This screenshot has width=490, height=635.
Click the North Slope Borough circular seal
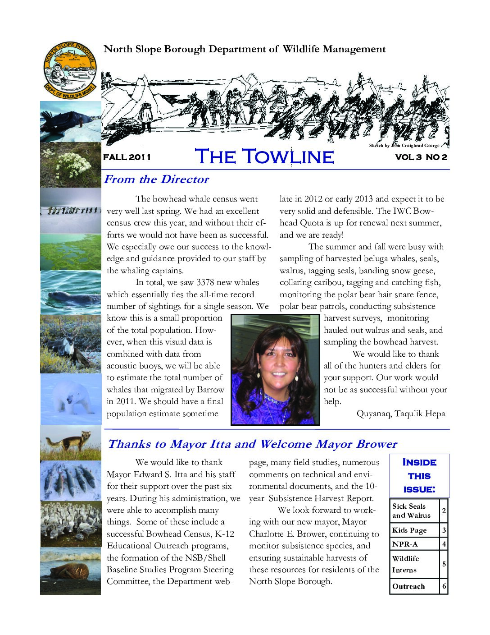click(70, 69)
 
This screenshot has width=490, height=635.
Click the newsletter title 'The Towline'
click(264, 156)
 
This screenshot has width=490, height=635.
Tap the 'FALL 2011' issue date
click(127, 157)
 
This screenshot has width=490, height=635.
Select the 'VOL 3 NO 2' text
click(421, 157)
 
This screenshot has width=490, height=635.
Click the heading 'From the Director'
click(156, 179)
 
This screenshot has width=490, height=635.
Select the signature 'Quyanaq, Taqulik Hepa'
click(401, 414)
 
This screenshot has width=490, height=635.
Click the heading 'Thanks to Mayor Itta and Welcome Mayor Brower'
click(252, 444)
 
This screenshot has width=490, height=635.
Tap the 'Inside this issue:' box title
click(419, 475)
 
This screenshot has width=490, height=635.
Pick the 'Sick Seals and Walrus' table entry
click(411, 511)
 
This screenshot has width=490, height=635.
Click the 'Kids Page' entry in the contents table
click(409, 530)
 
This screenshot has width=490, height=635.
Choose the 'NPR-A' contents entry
click(405, 544)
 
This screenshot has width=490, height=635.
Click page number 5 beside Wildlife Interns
click(444, 564)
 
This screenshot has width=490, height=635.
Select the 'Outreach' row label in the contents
click(408, 586)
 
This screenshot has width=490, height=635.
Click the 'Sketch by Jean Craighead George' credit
click(404, 146)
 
